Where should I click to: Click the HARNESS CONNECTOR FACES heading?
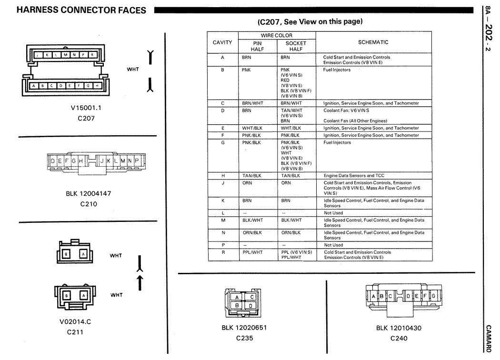click(x=81, y=10)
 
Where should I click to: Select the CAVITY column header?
click(x=222, y=42)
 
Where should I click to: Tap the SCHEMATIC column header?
click(x=373, y=42)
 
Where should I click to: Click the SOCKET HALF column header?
click(x=296, y=46)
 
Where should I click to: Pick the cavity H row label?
click(x=222, y=176)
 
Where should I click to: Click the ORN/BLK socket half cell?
click(x=291, y=232)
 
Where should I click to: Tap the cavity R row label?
click(x=222, y=252)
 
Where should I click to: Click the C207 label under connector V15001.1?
click(x=86, y=118)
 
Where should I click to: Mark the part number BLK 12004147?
click(x=89, y=194)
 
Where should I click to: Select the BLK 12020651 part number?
click(x=244, y=328)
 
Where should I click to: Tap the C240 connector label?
click(x=399, y=339)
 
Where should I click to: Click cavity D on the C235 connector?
click(x=251, y=305)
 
